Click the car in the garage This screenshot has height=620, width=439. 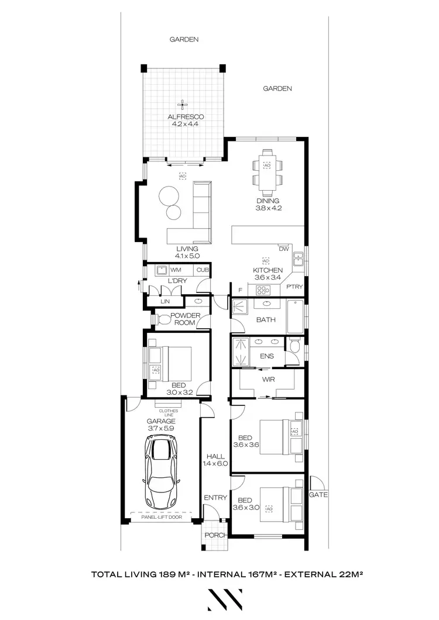click(x=160, y=473)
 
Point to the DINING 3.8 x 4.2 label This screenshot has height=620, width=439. click(x=267, y=204)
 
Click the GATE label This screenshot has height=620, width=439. click(x=319, y=494)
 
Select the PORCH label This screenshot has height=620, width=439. click(x=214, y=535)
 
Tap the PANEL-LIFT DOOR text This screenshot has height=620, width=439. click(x=160, y=516)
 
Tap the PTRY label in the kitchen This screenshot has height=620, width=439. click(x=294, y=287)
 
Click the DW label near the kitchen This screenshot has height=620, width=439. click(x=284, y=249)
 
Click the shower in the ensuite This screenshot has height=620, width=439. click(x=241, y=351)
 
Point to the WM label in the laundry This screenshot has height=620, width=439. click(x=175, y=270)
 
